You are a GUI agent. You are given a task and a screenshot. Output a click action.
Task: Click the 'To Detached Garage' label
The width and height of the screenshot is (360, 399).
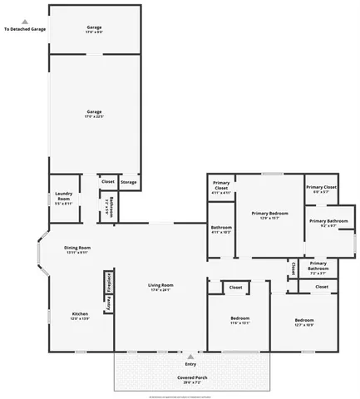[x=24, y=29]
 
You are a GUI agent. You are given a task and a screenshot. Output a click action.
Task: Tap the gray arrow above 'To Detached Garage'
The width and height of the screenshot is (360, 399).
[x=24, y=22]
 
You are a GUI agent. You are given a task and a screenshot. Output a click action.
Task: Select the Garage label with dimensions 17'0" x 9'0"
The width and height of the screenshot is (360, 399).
[x=94, y=30]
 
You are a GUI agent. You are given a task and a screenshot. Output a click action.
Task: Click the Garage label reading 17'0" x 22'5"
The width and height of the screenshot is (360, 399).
[x=94, y=113]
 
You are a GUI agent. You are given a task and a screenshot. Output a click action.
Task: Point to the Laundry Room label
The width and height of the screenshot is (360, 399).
[x=64, y=198]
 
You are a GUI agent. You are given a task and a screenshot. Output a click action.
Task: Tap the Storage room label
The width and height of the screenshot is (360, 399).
[x=128, y=181]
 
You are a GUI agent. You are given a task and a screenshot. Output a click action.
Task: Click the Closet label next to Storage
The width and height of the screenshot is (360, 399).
[x=107, y=180]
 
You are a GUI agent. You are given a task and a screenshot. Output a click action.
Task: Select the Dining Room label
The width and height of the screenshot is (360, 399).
[x=77, y=249]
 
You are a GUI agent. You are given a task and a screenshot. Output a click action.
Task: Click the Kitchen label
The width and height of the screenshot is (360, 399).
[x=80, y=316]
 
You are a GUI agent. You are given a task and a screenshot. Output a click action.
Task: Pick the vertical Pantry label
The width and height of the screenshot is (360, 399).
[x=108, y=303]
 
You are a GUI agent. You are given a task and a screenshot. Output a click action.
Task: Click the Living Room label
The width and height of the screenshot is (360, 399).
[x=160, y=288]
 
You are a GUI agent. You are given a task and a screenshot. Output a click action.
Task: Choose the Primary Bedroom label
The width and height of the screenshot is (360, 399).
[x=269, y=215]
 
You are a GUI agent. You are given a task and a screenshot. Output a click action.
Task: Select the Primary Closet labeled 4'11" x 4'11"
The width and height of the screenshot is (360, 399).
[x=220, y=187]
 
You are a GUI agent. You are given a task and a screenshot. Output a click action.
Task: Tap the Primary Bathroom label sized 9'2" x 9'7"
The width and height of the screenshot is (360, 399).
[x=323, y=223]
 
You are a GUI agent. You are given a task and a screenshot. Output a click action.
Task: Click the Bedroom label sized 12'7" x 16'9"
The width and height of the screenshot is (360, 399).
[x=303, y=322]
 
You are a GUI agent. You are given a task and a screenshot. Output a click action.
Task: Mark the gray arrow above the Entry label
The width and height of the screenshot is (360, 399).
[x=190, y=356]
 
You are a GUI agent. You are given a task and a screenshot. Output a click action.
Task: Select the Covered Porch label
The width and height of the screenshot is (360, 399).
[x=191, y=379]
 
